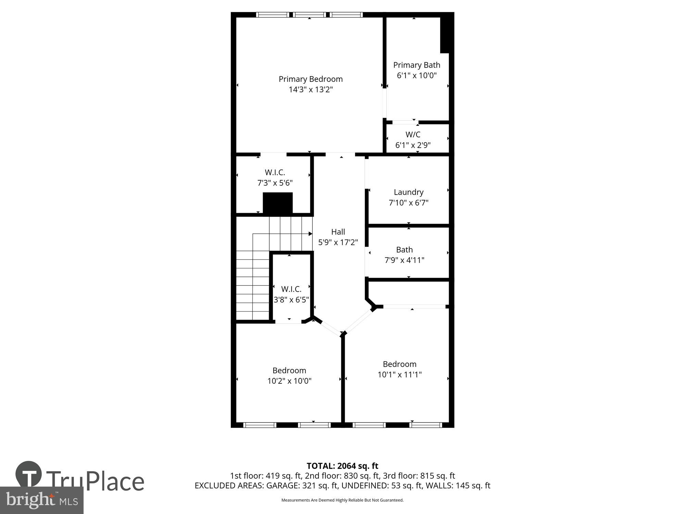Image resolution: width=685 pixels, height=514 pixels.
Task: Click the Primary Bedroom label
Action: [310, 79]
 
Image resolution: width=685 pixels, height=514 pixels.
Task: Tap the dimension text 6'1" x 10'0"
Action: [416, 75]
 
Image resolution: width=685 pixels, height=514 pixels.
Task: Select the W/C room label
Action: [413, 135]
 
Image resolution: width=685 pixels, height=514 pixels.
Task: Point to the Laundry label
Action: [408, 192]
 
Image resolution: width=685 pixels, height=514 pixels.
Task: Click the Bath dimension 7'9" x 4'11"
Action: [404, 260]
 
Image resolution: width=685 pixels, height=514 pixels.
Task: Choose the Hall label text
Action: [338, 232]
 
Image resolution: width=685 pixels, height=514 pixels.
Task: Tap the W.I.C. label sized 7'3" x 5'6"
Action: [275, 172]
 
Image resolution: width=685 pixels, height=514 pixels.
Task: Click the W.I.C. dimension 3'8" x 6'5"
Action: [291, 300]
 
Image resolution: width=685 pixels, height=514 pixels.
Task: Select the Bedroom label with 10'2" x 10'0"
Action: [289, 370]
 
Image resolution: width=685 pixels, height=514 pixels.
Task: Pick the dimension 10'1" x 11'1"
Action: [399, 375]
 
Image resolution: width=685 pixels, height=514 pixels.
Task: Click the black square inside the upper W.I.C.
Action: [277, 203]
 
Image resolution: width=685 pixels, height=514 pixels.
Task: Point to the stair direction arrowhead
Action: [310, 234]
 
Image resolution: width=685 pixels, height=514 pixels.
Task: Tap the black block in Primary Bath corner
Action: [445, 34]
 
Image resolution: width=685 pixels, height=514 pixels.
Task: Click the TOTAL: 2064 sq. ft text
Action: [342, 466]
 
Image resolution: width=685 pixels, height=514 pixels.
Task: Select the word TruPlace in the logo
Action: [95, 481]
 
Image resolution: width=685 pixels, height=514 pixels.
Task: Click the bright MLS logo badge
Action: [41, 500]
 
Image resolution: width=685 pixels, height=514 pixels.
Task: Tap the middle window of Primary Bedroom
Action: [310, 15]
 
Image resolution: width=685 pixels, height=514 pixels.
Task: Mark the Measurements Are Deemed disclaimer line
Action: [342, 500]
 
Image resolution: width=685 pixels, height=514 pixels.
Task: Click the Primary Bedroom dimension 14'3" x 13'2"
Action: [310, 90]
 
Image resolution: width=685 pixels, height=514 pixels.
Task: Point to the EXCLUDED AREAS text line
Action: [342, 486]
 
